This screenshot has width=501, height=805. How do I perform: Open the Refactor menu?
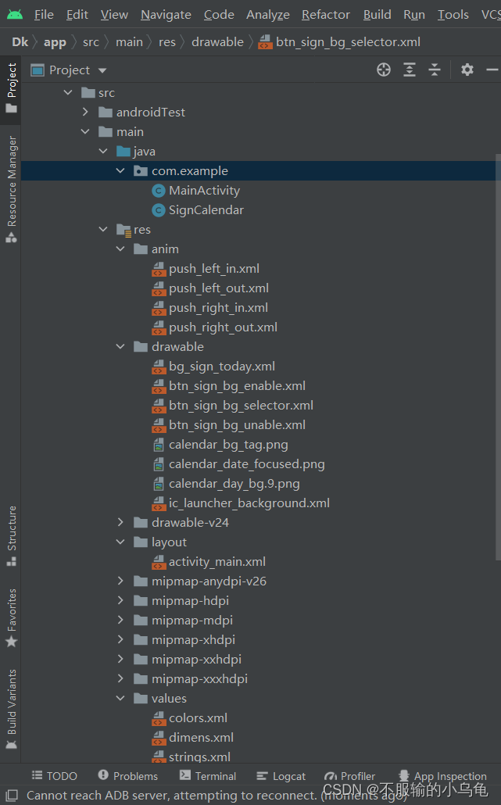point(326,15)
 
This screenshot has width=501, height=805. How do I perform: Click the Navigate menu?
point(166,15)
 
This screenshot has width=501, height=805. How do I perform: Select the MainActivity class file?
point(204,191)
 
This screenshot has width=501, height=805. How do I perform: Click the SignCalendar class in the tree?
point(206,210)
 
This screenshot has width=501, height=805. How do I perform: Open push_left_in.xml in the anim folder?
point(213,269)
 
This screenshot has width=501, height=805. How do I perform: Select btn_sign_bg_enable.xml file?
point(237,386)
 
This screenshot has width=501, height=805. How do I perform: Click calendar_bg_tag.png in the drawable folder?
point(228,445)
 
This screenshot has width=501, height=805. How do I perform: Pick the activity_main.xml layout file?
point(217,562)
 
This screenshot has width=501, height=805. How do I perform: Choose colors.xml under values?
point(198,718)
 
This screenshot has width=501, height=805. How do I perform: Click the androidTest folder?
point(150,113)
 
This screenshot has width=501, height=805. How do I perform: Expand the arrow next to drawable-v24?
point(120,523)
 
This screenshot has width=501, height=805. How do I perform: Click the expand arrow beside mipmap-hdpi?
point(120,601)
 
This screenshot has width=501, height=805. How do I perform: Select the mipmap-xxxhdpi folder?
point(199,679)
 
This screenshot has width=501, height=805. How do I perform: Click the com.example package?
point(189,171)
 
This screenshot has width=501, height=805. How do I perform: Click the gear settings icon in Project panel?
point(467,70)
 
